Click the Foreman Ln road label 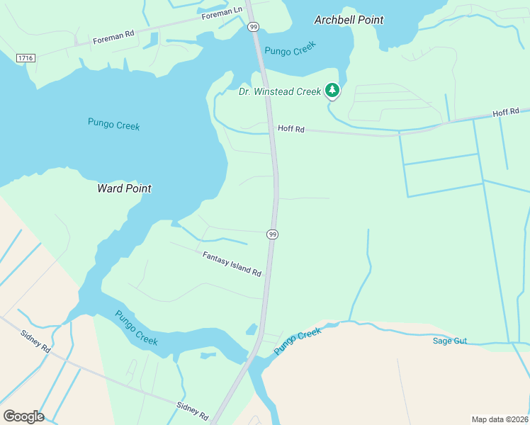click(x=222, y=13)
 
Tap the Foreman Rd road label click(x=113, y=38)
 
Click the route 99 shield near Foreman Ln click(x=254, y=26)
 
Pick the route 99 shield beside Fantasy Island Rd click(x=273, y=234)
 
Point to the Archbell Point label click(x=349, y=20)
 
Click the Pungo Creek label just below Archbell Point click(x=290, y=50)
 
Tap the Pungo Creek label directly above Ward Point click(x=113, y=125)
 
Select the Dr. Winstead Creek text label click(x=280, y=91)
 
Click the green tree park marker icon click(x=332, y=90)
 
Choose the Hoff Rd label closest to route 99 click(x=291, y=129)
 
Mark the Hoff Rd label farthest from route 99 click(x=506, y=112)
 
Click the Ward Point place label click(x=124, y=188)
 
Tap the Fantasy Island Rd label click(x=232, y=263)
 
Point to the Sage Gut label click(x=450, y=341)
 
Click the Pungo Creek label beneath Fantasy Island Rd click(x=136, y=328)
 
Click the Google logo click(x=23, y=416)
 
